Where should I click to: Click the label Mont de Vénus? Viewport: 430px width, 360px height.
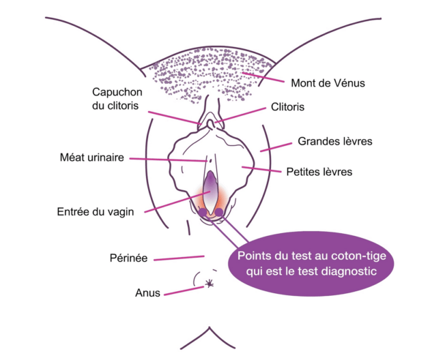click(328, 83)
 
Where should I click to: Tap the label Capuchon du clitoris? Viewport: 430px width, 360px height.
click(117, 99)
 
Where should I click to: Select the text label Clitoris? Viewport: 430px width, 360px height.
click(287, 107)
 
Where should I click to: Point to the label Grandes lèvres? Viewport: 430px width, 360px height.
click(335, 141)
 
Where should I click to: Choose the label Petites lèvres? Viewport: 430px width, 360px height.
click(319, 172)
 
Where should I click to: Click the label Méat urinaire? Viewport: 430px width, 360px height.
click(92, 157)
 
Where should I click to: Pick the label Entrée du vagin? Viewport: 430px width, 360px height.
click(95, 212)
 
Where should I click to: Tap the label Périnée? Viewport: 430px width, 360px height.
click(128, 258)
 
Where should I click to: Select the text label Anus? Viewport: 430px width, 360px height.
click(147, 293)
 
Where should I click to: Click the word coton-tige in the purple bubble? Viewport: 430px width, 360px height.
click(359, 256)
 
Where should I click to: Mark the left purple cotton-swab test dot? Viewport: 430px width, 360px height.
click(203, 212)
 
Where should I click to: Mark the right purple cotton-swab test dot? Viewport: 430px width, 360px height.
click(219, 212)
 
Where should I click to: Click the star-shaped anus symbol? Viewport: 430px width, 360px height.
click(210, 283)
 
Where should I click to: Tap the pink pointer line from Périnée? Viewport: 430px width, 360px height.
click(179, 258)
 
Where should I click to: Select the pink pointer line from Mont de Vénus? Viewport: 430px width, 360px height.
click(263, 77)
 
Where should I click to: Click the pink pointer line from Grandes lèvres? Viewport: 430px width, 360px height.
click(276, 147)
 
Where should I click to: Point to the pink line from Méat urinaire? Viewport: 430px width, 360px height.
click(168, 160)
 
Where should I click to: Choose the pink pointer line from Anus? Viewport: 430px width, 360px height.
click(184, 291)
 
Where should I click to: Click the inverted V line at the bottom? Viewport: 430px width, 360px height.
click(209, 328)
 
